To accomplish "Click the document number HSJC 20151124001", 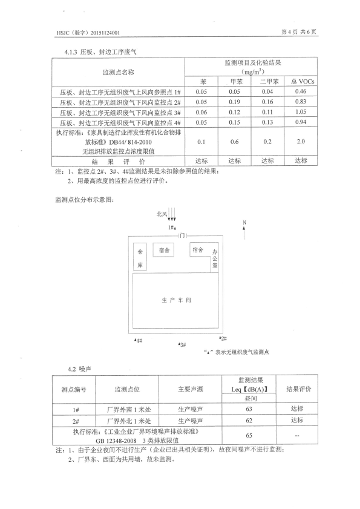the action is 88,33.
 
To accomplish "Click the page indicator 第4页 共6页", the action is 299,31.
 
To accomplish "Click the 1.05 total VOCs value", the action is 301,112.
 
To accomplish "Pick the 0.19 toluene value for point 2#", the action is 234,102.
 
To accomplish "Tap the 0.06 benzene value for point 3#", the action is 201,112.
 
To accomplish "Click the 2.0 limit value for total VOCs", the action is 301,141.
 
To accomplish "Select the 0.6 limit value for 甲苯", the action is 234,142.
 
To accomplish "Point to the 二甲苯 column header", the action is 269,82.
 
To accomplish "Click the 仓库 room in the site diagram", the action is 140,257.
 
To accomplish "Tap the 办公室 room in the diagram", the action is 215,258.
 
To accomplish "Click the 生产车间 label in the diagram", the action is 176,300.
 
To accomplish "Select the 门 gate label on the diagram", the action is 182,235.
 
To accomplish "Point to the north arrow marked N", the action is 244,230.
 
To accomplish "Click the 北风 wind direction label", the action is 162,214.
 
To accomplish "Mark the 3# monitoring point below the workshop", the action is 182,344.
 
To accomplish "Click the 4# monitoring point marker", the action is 139,341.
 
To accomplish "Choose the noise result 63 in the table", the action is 249,409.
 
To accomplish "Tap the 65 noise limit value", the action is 249,436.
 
